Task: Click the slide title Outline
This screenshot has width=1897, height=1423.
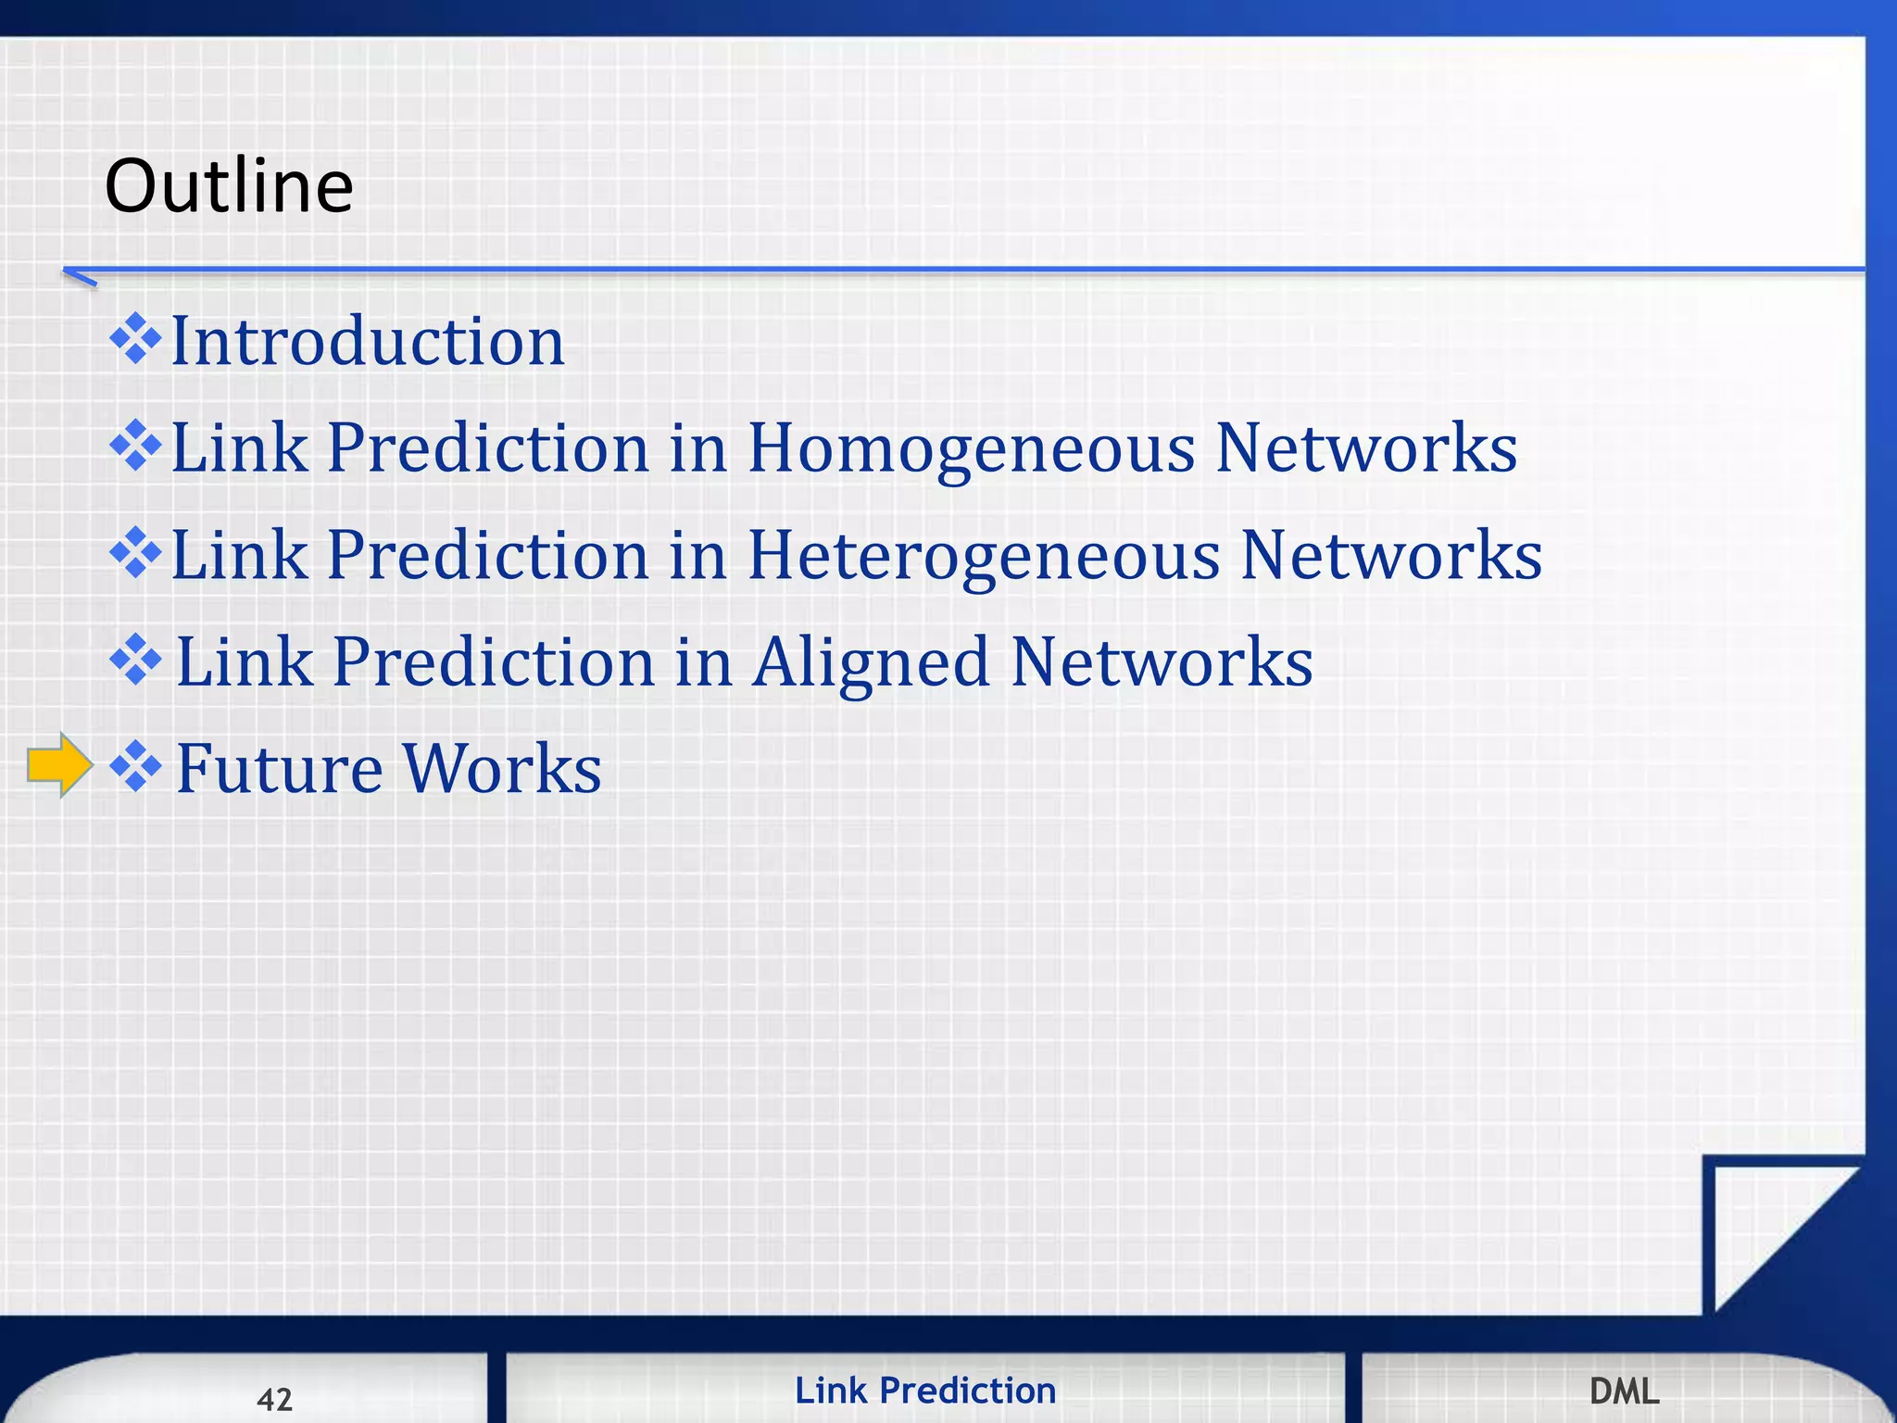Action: [229, 185]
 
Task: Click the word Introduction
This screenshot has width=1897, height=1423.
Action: [368, 341]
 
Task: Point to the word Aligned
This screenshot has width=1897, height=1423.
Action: [871, 662]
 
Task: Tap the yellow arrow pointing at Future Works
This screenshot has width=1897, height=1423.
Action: [59, 764]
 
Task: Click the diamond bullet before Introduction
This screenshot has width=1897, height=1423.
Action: [135, 339]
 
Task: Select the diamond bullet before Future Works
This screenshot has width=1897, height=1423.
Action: [135, 766]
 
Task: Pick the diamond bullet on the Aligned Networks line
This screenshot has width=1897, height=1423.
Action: [135, 660]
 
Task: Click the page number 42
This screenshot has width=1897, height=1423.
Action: [274, 1399]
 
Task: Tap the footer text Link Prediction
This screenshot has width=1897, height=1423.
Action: [924, 1391]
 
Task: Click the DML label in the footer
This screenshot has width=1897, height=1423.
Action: [1624, 1391]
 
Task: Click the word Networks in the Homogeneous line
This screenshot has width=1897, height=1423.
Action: [1365, 448]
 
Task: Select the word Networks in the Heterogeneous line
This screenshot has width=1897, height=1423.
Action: [1390, 555]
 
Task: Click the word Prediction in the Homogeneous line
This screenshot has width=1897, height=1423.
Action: [488, 448]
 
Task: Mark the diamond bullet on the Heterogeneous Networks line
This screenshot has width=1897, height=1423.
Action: [135, 553]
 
